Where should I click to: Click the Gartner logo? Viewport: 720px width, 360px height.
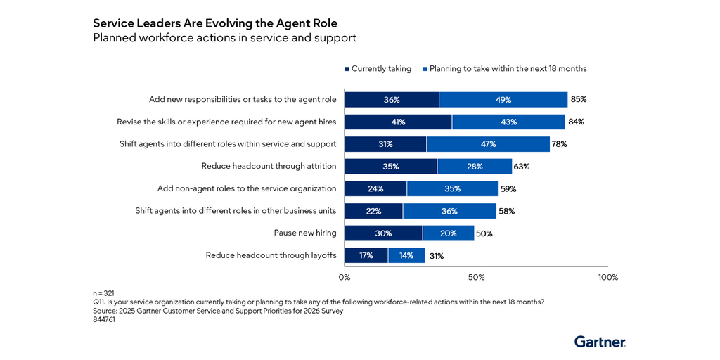[599, 342]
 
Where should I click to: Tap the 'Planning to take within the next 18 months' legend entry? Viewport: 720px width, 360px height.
[504, 68]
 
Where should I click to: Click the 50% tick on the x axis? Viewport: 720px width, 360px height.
[477, 277]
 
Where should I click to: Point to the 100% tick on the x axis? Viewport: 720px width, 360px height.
[607, 277]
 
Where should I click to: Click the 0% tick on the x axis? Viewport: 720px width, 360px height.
[345, 277]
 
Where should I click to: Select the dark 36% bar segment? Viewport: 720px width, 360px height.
[392, 100]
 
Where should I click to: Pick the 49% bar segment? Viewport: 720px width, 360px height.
[503, 100]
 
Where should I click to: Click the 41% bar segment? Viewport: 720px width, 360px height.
[398, 122]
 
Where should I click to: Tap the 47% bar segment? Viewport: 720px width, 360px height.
[488, 144]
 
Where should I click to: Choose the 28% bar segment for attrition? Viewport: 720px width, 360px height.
[475, 167]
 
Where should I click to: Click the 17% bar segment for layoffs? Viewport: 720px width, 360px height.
[366, 256]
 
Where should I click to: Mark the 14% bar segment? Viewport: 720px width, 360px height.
[406, 256]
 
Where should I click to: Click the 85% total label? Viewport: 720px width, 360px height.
[579, 100]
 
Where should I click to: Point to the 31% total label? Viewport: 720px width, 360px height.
[436, 256]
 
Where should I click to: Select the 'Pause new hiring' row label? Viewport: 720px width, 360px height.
[304, 233]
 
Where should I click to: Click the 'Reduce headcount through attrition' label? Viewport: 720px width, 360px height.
[269, 167]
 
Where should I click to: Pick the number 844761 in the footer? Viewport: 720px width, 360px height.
[104, 319]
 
